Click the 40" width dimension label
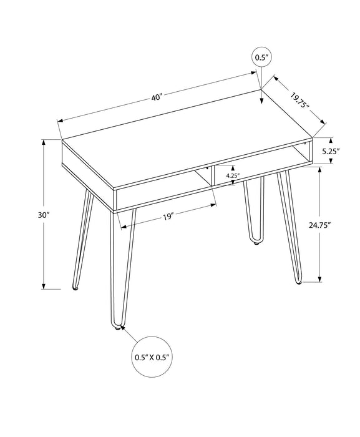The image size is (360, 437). pyautogui.click(x=156, y=97)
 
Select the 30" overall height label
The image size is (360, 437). pyautogui.click(x=43, y=214)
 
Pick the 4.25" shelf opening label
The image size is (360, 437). pyautogui.click(x=232, y=176)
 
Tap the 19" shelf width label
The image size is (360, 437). pyautogui.click(x=167, y=216)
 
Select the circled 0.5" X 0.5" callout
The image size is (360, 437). pyautogui.click(x=152, y=358)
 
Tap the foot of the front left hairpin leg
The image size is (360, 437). pyautogui.click(x=75, y=288)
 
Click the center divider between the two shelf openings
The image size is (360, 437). pyautogui.click(x=212, y=176)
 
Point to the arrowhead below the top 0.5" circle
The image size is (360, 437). pyautogui.click(x=261, y=84)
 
